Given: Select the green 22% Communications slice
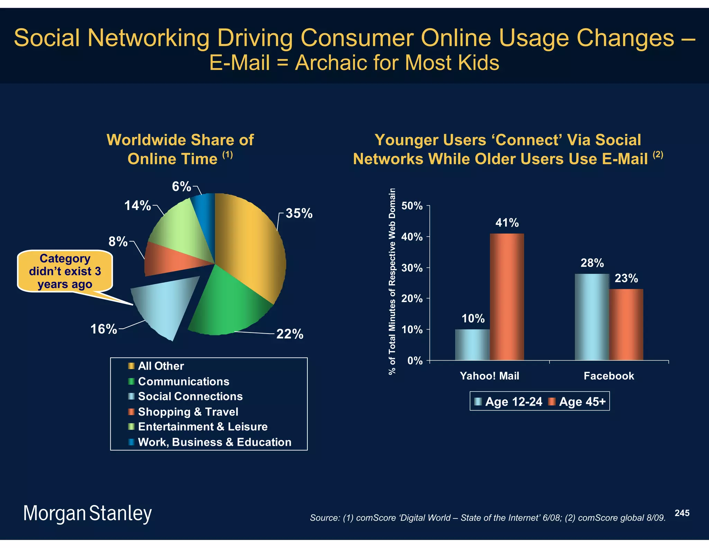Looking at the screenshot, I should [x=228, y=305].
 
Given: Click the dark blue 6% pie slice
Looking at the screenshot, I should [x=204, y=215].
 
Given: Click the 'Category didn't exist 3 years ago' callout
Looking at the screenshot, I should [x=65, y=271].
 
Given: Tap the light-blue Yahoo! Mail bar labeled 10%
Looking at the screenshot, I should [x=472, y=345].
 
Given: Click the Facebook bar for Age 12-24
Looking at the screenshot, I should [x=592, y=317].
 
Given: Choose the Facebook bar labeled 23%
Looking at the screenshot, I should [x=626, y=325].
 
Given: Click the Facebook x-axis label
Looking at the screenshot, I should [x=609, y=376].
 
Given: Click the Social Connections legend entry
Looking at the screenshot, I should [x=190, y=396].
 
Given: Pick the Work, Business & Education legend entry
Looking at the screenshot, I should [x=214, y=442].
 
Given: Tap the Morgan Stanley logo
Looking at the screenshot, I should [x=87, y=513].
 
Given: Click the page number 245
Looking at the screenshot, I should [x=682, y=513].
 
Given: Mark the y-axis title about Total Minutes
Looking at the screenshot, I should [x=392, y=281].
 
